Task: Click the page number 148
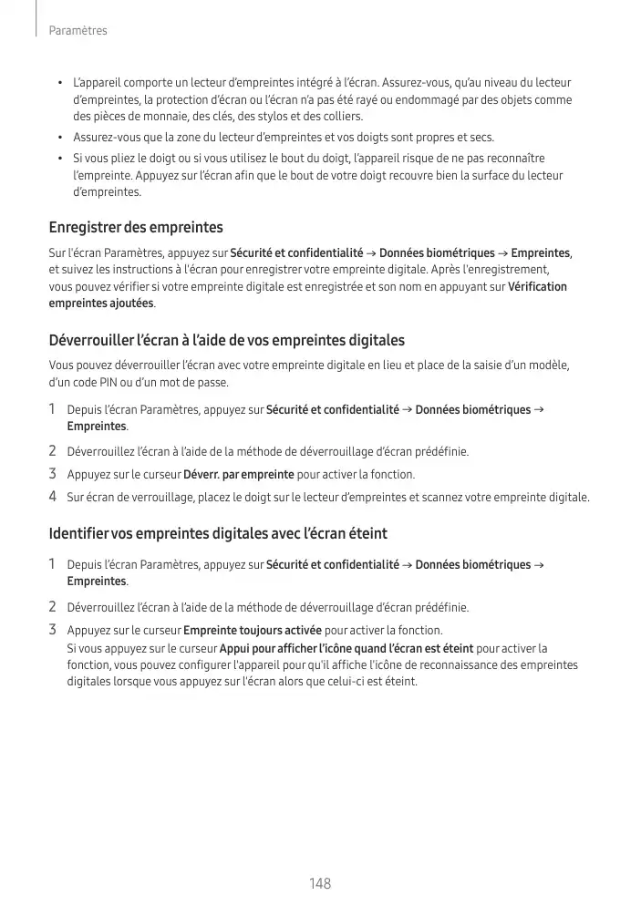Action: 319,883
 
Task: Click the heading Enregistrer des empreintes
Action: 136,227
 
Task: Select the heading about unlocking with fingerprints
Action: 226,341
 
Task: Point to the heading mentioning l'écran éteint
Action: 218,533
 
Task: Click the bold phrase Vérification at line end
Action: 537,286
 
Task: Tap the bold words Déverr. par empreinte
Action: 239,474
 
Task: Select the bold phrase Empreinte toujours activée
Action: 253,631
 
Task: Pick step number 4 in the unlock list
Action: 53,498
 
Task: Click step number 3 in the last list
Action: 53,630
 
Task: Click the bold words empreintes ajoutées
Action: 100,303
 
